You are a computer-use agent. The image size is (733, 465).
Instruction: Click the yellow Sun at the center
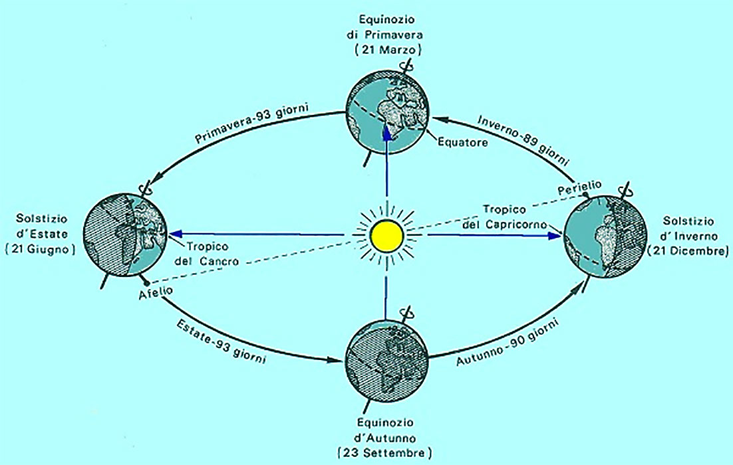pyautogui.click(x=386, y=235)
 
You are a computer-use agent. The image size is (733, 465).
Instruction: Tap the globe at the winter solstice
pyautogui.click(x=605, y=236)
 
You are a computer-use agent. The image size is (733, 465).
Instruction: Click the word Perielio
pyautogui.click(x=579, y=188)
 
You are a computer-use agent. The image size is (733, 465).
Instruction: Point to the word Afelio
pyautogui.click(x=156, y=292)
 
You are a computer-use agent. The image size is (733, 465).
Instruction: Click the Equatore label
pyautogui.click(x=462, y=141)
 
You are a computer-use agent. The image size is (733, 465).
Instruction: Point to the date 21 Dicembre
pyautogui.click(x=688, y=250)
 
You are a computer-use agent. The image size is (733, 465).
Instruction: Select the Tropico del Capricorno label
pyautogui.click(x=504, y=217)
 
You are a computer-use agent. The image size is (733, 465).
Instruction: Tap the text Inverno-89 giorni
pyautogui.click(x=524, y=140)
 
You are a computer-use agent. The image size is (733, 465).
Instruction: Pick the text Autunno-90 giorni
pyautogui.click(x=507, y=341)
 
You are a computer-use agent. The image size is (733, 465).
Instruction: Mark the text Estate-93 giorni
pyautogui.click(x=221, y=340)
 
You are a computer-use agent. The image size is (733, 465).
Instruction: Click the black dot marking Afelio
pyautogui.click(x=147, y=283)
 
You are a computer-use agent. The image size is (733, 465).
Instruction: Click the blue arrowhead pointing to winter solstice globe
pyautogui.click(x=554, y=235)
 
